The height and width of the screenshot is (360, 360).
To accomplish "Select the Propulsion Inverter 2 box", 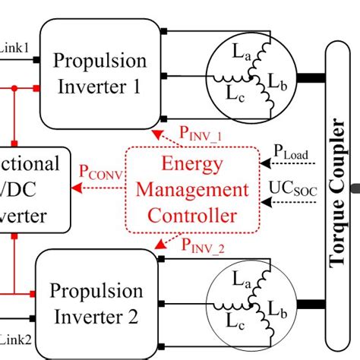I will tap(96, 302).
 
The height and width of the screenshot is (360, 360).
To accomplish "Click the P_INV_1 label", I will tap(201, 134).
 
